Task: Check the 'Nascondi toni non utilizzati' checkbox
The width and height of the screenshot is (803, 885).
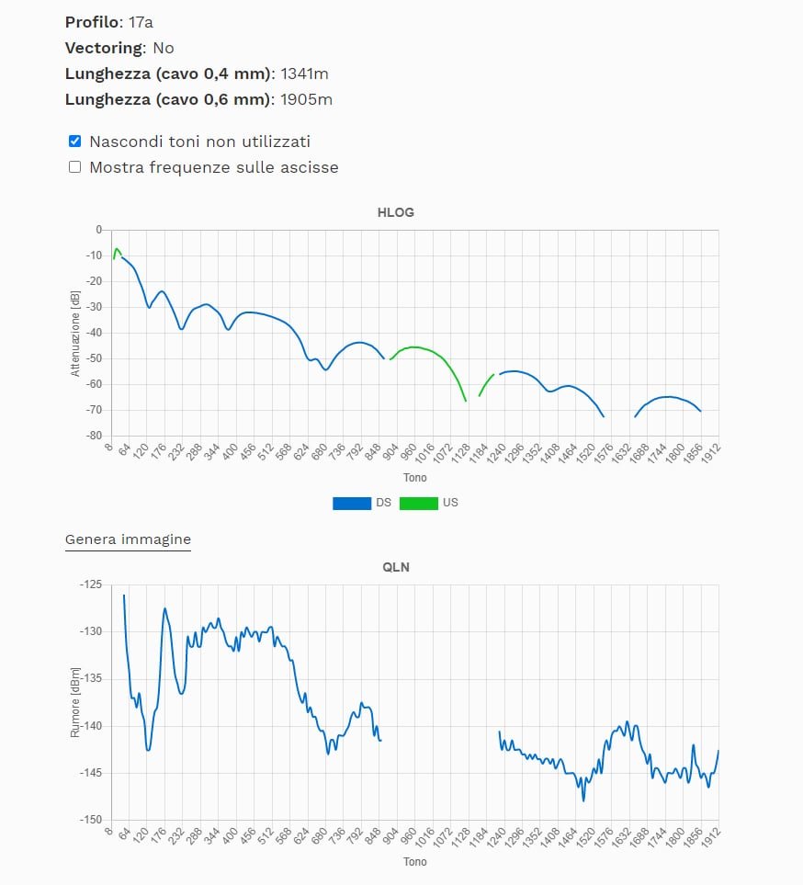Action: (75, 142)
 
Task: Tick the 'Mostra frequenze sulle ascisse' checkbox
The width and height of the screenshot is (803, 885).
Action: (75, 167)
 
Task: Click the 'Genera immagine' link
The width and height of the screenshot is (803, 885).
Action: (128, 539)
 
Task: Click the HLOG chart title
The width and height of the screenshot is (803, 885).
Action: (396, 212)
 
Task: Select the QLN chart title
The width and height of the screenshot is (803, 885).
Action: (396, 567)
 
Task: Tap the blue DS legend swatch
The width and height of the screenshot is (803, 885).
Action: (352, 503)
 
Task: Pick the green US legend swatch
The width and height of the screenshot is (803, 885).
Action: (418, 503)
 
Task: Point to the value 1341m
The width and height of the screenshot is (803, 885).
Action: (306, 74)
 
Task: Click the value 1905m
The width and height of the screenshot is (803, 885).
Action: (306, 99)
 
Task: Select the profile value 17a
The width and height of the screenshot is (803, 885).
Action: (141, 21)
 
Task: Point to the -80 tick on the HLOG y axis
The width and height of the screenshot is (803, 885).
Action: (93, 436)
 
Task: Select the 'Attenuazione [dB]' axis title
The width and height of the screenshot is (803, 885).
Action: (75, 333)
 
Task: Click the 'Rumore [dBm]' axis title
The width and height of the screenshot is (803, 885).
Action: (75, 702)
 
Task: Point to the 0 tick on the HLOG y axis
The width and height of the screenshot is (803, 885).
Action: (98, 230)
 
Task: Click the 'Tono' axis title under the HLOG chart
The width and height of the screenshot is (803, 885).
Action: (414, 478)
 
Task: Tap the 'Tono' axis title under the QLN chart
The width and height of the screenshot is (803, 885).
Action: (414, 862)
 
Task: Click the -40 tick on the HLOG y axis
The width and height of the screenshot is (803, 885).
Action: (93, 333)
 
